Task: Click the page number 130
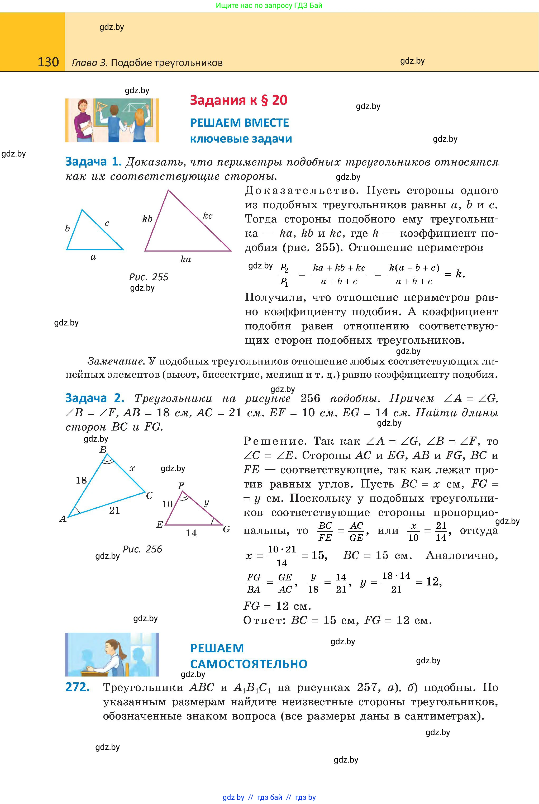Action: point(48,62)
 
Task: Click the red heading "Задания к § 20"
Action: point(239,100)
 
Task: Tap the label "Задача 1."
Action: point(93,162)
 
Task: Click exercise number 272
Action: point(77,687)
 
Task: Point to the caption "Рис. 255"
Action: point(149,277)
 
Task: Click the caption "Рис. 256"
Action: point(142,549)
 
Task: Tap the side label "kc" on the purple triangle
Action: point(208,216)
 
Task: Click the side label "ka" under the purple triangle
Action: point(186,259)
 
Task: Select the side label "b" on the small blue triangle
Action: point(67,228)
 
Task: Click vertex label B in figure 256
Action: point(103,450)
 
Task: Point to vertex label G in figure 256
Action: point(226,529)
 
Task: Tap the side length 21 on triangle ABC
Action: point(115,510)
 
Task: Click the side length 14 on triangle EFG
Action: point(191,533)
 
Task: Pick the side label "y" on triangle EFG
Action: point(206,503)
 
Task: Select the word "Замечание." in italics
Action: point(116,361)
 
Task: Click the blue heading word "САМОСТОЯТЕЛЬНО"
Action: point(249,664)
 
